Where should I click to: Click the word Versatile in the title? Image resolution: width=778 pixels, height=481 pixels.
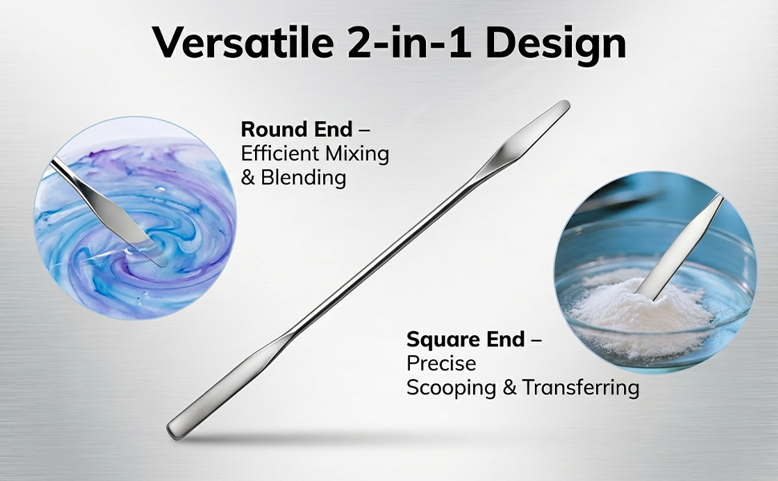pos(243,42)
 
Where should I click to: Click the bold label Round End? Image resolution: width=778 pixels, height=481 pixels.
pos(297,129)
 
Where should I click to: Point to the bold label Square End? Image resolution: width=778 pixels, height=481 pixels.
pos(465,340)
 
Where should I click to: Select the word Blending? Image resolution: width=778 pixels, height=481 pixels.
pos(303,177)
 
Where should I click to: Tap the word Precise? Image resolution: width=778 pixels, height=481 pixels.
pos(441,363)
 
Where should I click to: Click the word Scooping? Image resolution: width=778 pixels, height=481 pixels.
pos(451,388)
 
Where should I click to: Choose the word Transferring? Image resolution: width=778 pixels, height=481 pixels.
pos(581,388)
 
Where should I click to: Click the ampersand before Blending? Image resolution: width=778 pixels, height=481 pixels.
pos(248,177)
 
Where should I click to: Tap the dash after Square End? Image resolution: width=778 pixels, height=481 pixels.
pos(536,341)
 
